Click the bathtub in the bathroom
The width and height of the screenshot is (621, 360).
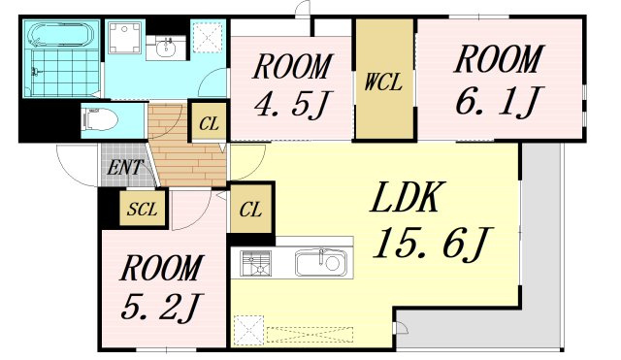coord(62,35)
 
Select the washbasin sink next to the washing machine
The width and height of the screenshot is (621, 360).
coord(166,49)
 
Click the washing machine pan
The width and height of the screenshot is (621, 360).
coord(125,37)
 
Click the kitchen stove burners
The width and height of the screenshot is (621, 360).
coord(256,263)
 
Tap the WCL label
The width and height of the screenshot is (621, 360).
coord(383,82)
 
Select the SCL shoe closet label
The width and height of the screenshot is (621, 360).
coord(142,209)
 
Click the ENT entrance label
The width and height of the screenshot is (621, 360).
coord(125,167)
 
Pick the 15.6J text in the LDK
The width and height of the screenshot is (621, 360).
coord(433,243)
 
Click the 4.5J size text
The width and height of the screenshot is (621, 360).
coord(292,104)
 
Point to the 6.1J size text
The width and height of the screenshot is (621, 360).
coord(498,100)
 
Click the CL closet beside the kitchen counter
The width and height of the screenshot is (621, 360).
coord(250,209)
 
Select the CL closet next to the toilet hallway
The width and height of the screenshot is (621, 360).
coord(209,123)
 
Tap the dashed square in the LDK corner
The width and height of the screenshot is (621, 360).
coord(248,331)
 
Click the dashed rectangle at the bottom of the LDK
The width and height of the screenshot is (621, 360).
coord(310,335)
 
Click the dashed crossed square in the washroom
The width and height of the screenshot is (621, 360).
coord(207,37)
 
